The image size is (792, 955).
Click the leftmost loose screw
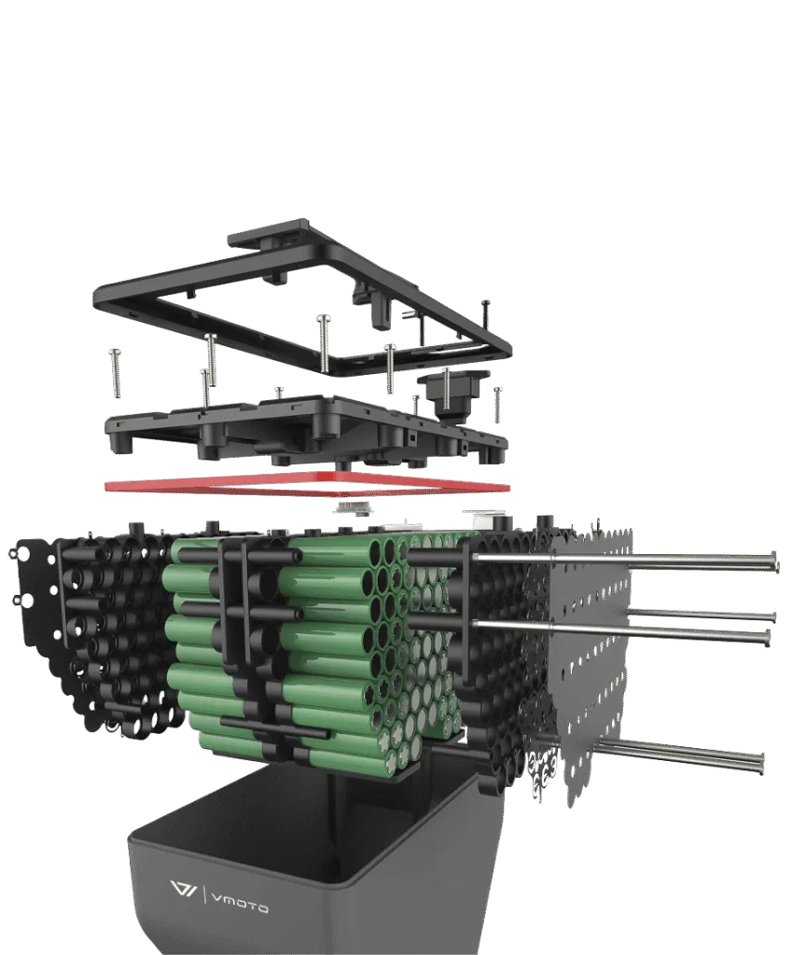(115, 372)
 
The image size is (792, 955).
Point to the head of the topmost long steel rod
(775, 561)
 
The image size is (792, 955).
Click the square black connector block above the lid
(454, 395)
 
